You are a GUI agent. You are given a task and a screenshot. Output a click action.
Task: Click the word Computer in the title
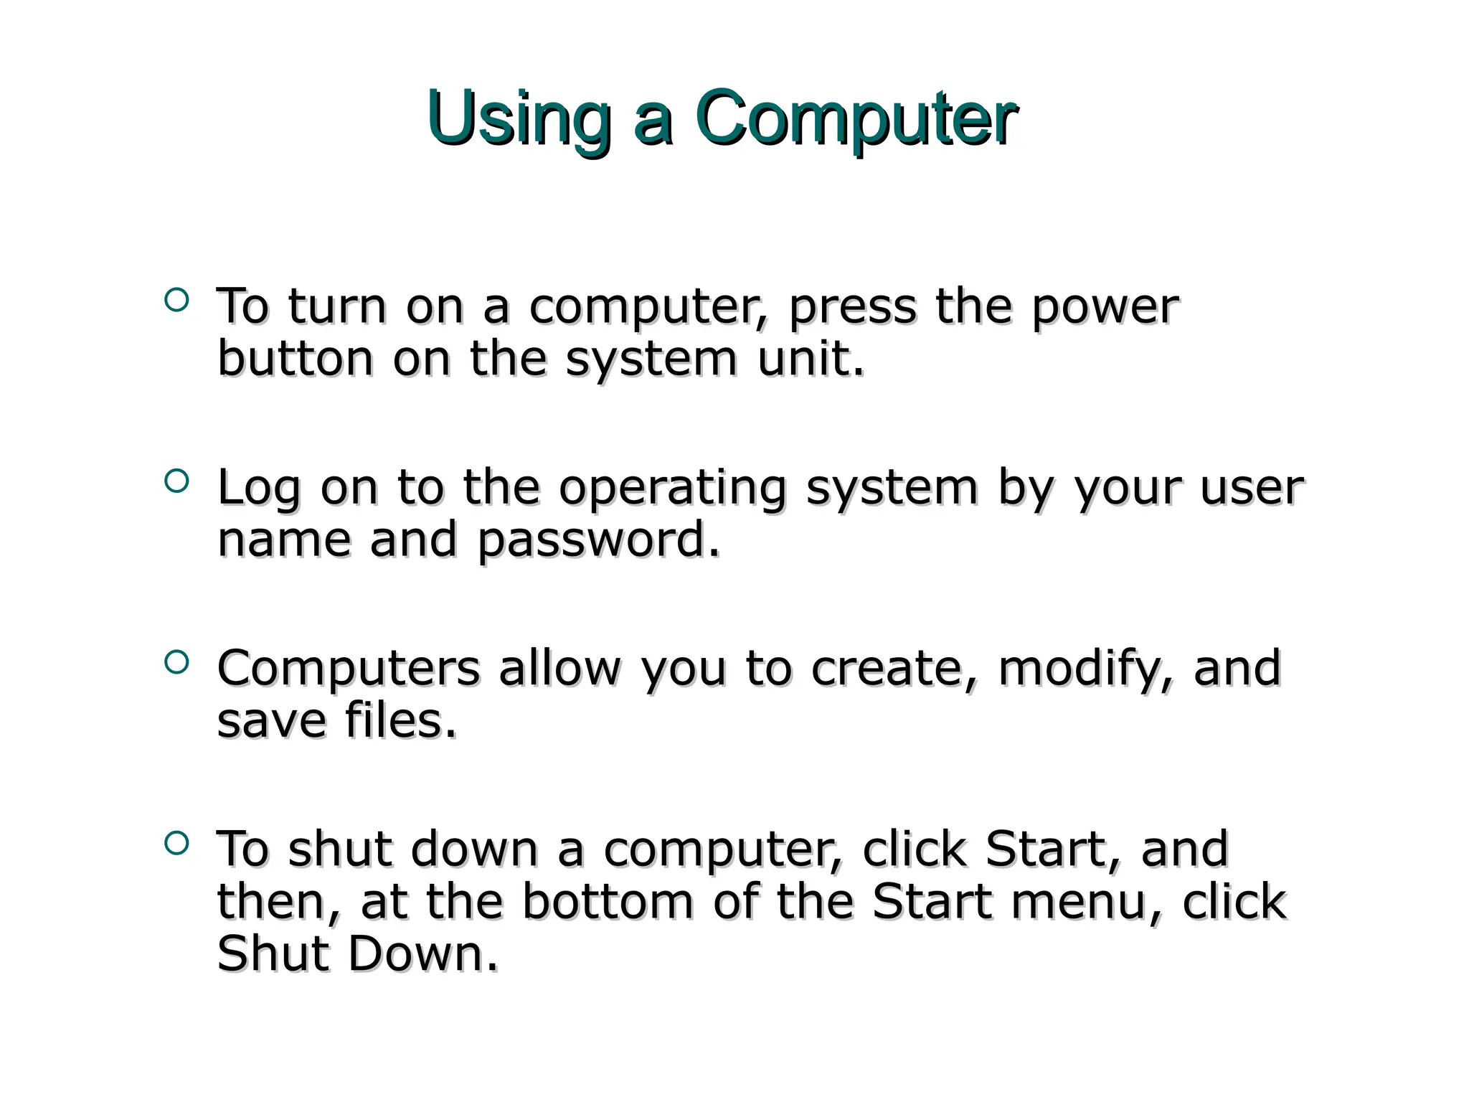855,118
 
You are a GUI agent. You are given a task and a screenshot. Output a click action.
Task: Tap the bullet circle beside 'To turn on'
176,300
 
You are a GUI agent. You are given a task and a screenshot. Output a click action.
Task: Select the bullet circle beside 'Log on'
176,481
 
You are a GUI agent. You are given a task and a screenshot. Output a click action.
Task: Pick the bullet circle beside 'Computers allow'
176,661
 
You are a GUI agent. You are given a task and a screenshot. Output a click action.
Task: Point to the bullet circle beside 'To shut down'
176,842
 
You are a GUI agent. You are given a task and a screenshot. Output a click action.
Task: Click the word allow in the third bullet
559,669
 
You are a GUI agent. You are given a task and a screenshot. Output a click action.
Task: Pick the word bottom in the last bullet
607,902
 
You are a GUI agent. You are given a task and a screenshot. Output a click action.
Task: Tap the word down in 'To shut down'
474,849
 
